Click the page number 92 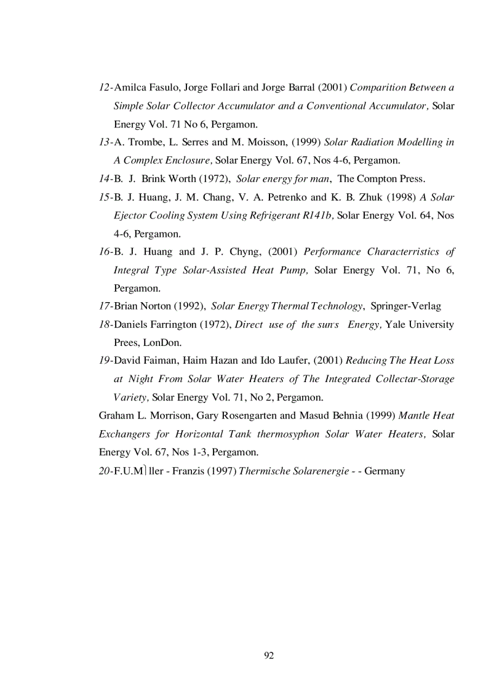(x=268, y=655)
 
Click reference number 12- (x=106, y=87)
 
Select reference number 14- (x=106, y=179)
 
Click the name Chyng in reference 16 (x=245, y=252)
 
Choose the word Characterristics (x=404, y=252)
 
